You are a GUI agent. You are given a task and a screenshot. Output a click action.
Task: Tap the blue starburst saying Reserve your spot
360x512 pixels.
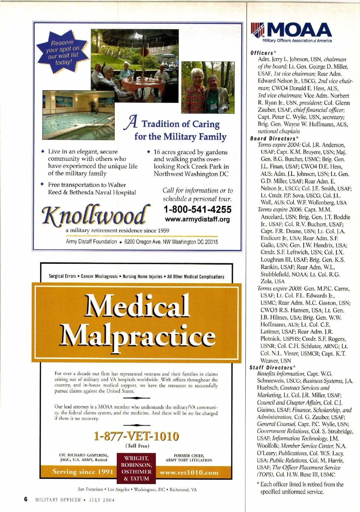coord(62,53)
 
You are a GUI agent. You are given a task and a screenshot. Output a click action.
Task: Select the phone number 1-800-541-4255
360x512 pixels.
coord(197,209)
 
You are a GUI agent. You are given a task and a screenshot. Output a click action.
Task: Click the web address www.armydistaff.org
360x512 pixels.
coord(197,219)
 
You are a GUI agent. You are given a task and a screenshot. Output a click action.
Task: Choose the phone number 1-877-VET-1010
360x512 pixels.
coord(136,436)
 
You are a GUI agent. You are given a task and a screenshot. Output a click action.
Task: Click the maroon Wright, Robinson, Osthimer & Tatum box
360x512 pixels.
coord(136,468)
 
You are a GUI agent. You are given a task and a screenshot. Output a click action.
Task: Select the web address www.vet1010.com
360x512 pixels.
coord(189,473)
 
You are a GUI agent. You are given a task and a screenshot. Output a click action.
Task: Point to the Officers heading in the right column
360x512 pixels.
coord(262,53)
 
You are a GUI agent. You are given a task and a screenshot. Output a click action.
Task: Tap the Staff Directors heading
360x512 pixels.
coord(271,368)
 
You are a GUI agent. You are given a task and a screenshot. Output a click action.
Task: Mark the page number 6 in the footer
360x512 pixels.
coord(26,499)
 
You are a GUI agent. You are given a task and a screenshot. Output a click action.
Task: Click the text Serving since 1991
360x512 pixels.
coord(83,472)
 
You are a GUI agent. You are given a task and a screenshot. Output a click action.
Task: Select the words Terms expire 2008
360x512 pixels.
coord(280,289)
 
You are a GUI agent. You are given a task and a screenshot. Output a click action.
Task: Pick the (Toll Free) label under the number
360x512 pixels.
coord(137,446)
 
